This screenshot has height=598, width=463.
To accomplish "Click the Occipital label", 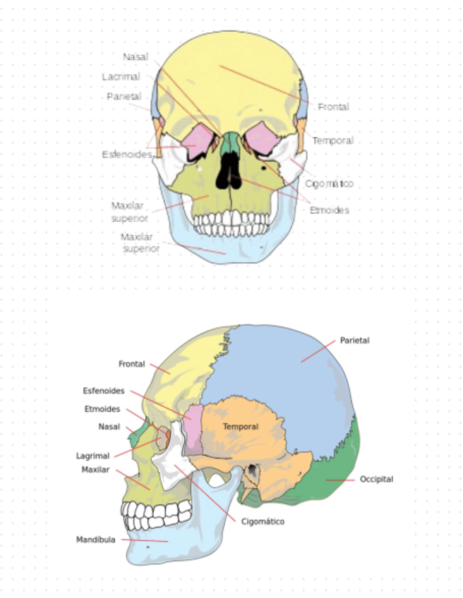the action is coord(376,479).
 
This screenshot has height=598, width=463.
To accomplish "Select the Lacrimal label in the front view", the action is coord(121,76).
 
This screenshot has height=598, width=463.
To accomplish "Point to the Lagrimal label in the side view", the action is coord(92,456).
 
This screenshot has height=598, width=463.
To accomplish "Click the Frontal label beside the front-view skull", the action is coord(333,106).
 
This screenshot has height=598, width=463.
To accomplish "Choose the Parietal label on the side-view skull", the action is coord(354,340).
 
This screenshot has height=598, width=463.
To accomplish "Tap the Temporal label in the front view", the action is coord(332,140).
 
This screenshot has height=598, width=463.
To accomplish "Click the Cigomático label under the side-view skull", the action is coord(262,522).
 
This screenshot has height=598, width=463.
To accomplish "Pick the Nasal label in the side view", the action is coord(109,426).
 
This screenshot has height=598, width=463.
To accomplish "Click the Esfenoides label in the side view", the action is coord(104,390).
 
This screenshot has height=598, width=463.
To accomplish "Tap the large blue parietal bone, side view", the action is coord(282,367).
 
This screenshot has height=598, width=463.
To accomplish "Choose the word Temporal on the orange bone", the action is coord(240,427).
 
